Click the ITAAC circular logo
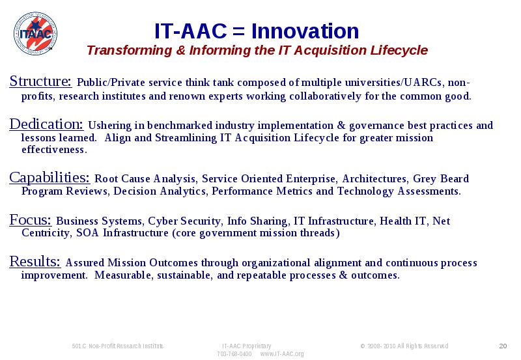click(35, 34)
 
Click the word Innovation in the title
click(305, 31)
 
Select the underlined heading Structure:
click(40, 81)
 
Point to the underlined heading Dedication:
click(46, 124)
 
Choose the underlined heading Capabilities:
click(49, 178)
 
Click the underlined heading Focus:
click(30, 220)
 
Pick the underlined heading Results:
click(35, 262)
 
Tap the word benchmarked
click(180, 126)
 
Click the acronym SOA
click(88, 233)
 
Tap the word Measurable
click(122, 275)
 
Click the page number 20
click(503, 346)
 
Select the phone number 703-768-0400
click(234, 354)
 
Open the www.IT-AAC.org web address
click(282, 354)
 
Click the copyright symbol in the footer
click(363, 346)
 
